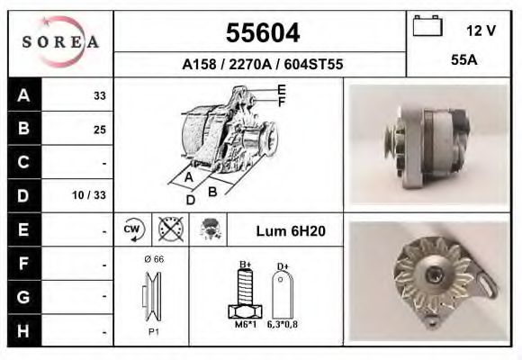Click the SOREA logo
point(61,43)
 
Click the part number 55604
point(262,33)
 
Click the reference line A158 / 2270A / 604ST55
point(262,65)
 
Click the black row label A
point(23,94)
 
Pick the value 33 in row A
point(99,95)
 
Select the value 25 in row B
point(99,129)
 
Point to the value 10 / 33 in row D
point(94,195)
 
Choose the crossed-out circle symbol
point(169,229)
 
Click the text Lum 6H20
point(291,230)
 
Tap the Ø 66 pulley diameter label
point(153,259)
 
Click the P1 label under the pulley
point(153,331)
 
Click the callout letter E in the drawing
point(282,89)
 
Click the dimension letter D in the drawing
point(190,200)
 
